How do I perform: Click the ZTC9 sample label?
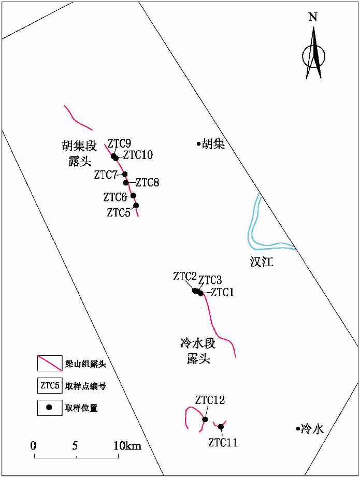(119, 143)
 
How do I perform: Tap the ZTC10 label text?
(138, 155)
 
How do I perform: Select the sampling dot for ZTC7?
(125, 174)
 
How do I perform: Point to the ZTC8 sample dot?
(126, 182)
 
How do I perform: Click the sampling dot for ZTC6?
(133, 195)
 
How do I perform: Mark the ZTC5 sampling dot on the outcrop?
(136, 205)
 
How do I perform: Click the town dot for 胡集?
(198, 143)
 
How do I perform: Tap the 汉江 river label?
(262, 262)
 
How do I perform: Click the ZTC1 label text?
(223, 293)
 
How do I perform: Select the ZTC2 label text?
(185, 276)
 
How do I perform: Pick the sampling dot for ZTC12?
(205, 419)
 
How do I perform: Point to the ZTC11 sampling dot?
(221, 427)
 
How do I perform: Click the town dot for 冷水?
(297, 428)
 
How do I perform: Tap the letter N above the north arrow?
(312, 17)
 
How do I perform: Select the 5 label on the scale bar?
(76, 445)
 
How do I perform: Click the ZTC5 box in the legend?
(50, 385)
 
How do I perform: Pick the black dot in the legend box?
(50, 407)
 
